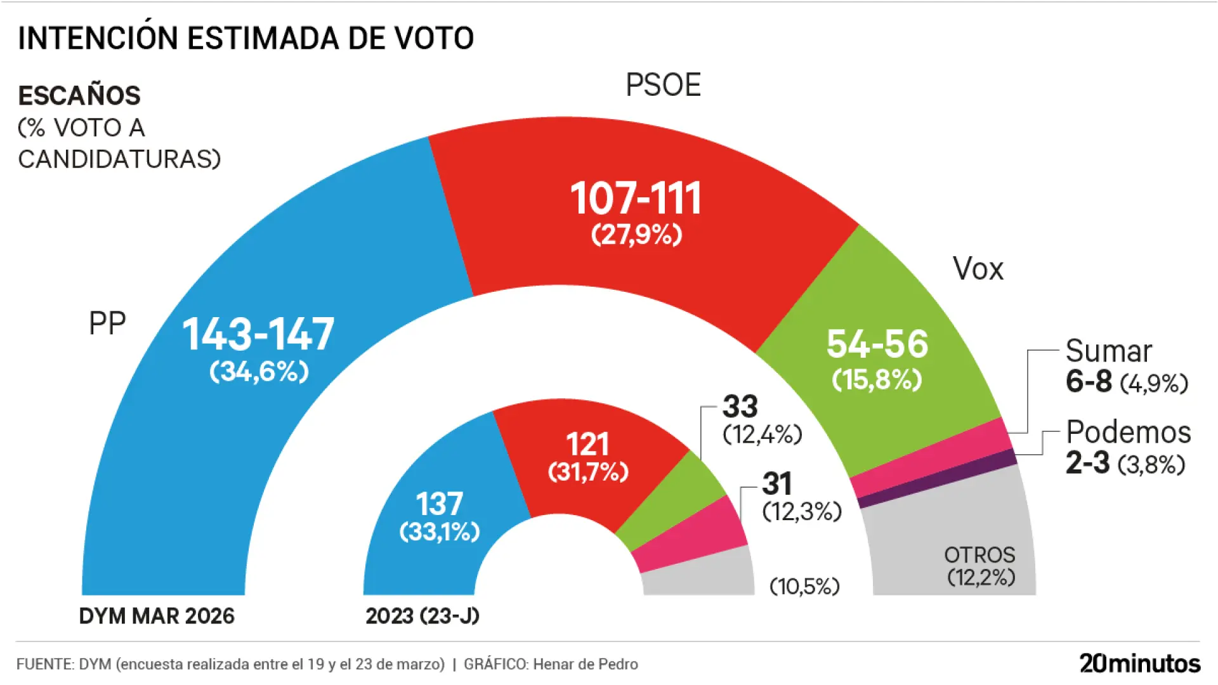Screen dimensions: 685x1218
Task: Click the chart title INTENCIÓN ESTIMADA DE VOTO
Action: (x=246, y=39)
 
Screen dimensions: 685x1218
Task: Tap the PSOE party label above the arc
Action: (x=663, y=85)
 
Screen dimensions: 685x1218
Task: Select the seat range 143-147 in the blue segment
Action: (x=258, y=334)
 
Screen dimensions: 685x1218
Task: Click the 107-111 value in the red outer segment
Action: (x=636, y=199)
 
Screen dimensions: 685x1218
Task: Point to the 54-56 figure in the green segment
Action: (x=877, y=344)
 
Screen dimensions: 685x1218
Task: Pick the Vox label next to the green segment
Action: (x=978, y=269)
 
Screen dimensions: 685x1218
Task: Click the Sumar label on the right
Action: (x=1108, y=351)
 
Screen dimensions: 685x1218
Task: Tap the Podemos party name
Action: (x=1128, y=432)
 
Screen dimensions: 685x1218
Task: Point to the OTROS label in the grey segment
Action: (x=979, y=555)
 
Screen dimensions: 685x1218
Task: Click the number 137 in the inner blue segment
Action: (x=439, y=504)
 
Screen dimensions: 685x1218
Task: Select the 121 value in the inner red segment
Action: (x=587, y=444)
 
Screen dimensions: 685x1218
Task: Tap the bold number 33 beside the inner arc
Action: (x=740, y=407)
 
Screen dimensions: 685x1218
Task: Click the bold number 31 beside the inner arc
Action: (x=777, y=485)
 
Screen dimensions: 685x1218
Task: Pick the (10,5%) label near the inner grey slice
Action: (x=804, y=586)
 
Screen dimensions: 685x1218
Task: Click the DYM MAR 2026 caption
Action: (x=157, y=616)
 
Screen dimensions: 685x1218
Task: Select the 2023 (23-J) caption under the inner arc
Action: (x=422, y=616)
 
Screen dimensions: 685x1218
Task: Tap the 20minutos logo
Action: (x=1139, y=663)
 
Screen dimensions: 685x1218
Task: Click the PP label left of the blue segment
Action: (x=107, y=323)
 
